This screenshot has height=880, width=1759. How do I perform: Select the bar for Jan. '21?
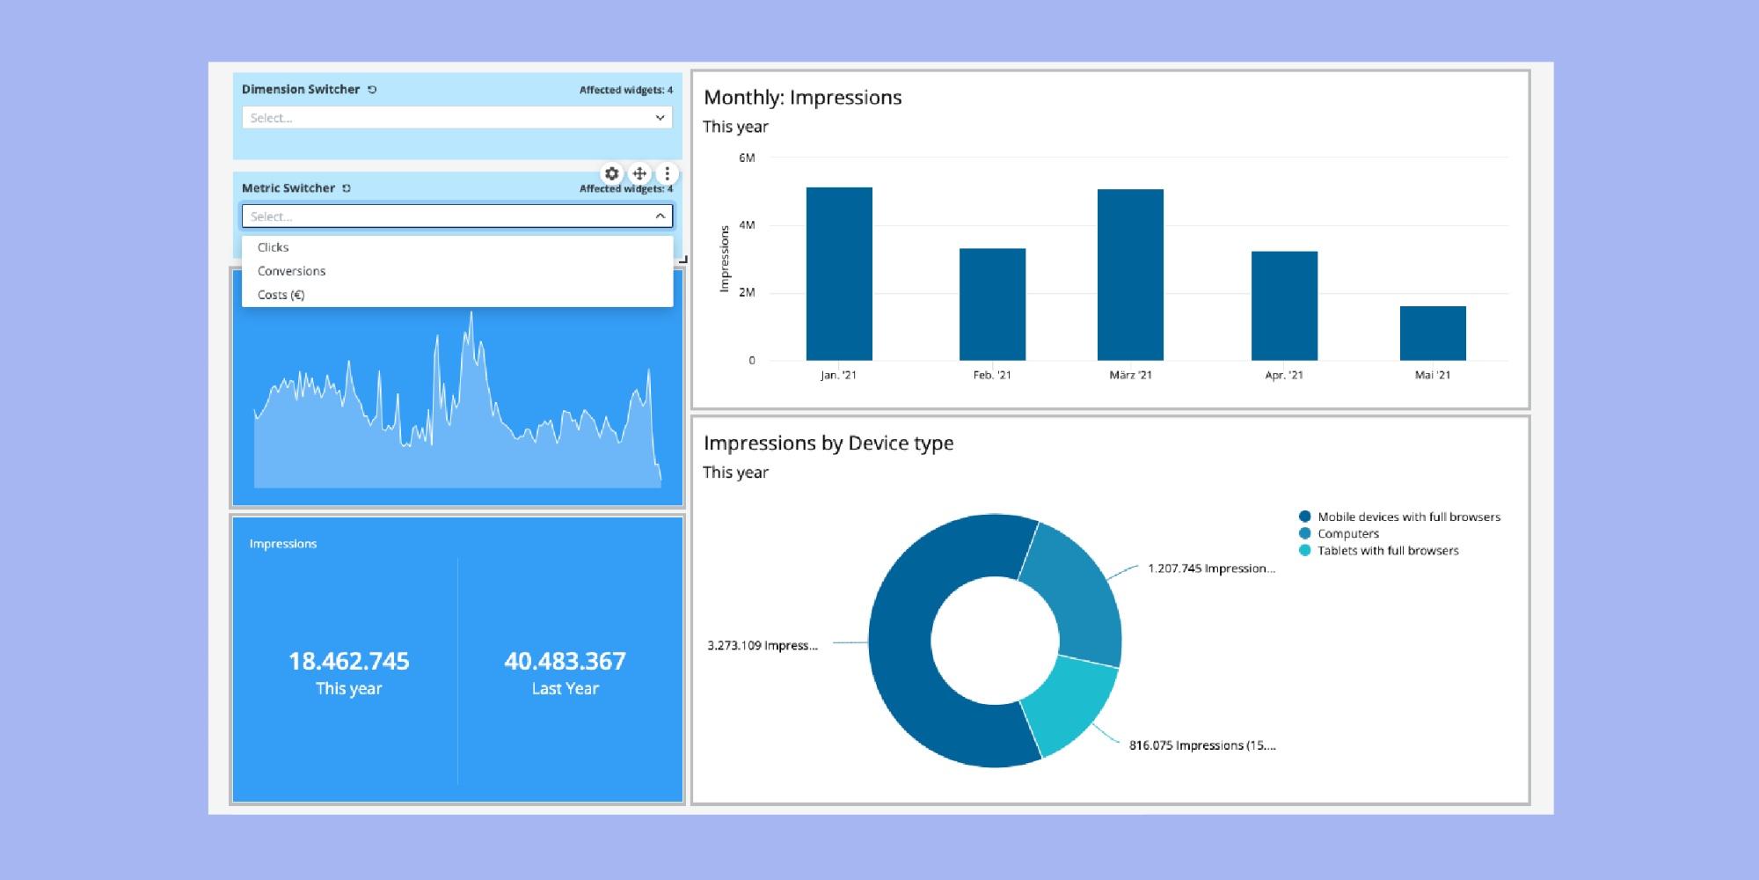(x=838, y=274)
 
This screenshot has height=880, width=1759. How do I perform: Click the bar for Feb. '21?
(x=992, y=304)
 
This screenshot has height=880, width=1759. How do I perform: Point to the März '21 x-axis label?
(x=1130, y=375)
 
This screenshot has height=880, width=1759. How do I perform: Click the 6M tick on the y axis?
(x=747, y=158)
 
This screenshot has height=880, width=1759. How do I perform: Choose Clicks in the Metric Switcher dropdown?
(x=274, y=247)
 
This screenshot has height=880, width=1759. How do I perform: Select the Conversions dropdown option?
(x=291, y=271)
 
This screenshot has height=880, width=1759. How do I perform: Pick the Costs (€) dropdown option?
(x=281, y=295)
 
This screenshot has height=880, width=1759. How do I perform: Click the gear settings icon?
(x=612, y=173)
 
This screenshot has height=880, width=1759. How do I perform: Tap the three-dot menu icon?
(x=667, y=173)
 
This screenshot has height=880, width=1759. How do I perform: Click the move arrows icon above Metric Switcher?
(x=639, y=173)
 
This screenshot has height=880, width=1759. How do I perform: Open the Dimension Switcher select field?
(x=456, y=118)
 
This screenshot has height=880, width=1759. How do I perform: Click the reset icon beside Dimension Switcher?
(x=372, y=90)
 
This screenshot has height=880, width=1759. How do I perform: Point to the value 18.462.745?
(x=348, y=661)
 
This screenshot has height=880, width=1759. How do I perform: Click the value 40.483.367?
(x=565, y=661)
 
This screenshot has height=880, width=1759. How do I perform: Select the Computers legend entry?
(x=1347, y=533)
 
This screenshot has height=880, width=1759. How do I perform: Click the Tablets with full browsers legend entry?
(x=1387, y=550)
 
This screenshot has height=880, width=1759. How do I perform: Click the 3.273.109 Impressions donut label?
(x=763, y=645)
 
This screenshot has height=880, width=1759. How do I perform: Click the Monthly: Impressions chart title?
(x=802, y=98)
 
